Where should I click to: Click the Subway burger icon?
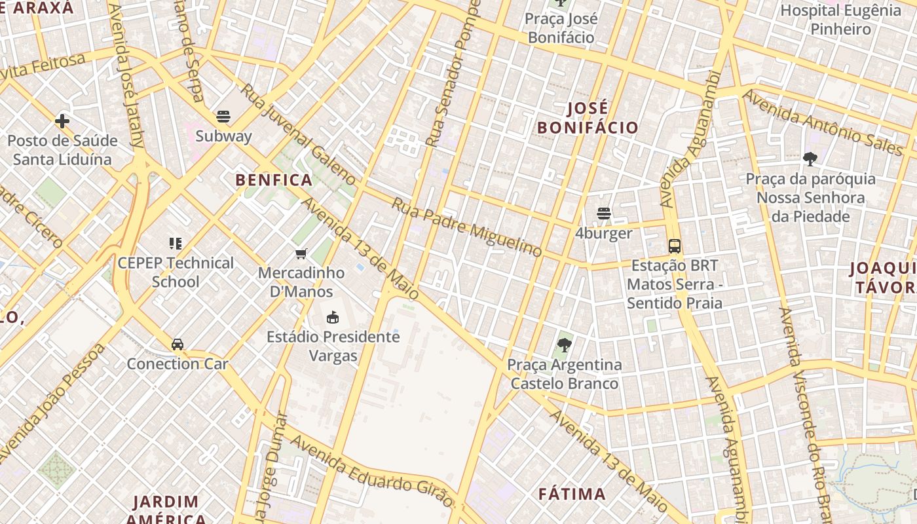[223, 117]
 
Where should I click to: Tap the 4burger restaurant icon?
[604, 214]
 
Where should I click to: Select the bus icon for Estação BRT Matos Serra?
[675, 246]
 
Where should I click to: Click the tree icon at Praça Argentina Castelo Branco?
[564, 345]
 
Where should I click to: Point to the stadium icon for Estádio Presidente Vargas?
[333, 318]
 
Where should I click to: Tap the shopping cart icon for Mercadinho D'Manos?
[301, 253]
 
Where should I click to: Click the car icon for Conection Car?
[178, 345]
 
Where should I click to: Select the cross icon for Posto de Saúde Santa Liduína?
[62, 121]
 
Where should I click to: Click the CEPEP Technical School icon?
[175, 244]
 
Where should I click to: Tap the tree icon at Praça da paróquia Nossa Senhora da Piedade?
[810, 159]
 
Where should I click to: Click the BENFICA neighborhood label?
[274, 180]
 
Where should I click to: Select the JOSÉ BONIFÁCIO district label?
[588, 118]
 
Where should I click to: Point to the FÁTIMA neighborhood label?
[572, 494]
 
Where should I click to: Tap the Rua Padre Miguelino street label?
[466, 227]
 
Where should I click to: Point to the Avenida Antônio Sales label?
[823, 122]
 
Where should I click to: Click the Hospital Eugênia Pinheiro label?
[840, 20]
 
